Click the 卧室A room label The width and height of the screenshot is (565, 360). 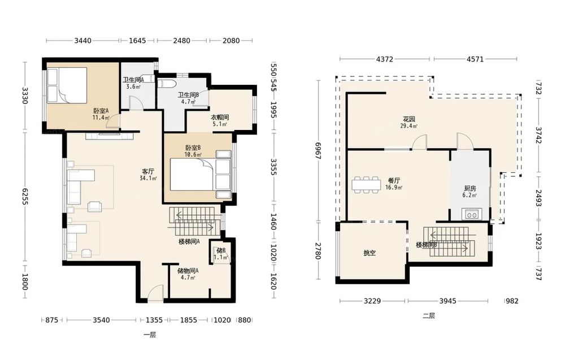101,111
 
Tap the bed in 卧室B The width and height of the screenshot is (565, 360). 201,175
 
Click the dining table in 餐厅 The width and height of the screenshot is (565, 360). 367,184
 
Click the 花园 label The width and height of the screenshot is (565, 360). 409,119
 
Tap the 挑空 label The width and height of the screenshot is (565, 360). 370,253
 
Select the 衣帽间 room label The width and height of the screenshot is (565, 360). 220,118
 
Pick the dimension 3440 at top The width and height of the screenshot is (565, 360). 83,41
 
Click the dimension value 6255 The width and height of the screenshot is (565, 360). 24,197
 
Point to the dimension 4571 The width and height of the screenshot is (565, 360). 475,59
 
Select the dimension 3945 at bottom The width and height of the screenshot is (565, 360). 447,301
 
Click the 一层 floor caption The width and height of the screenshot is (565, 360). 150,335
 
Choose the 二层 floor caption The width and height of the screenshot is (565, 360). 429,316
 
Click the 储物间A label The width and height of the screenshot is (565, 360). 188,271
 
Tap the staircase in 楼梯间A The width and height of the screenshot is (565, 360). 194,222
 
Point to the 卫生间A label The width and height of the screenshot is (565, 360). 133,80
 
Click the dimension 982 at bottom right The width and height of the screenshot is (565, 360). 512,301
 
